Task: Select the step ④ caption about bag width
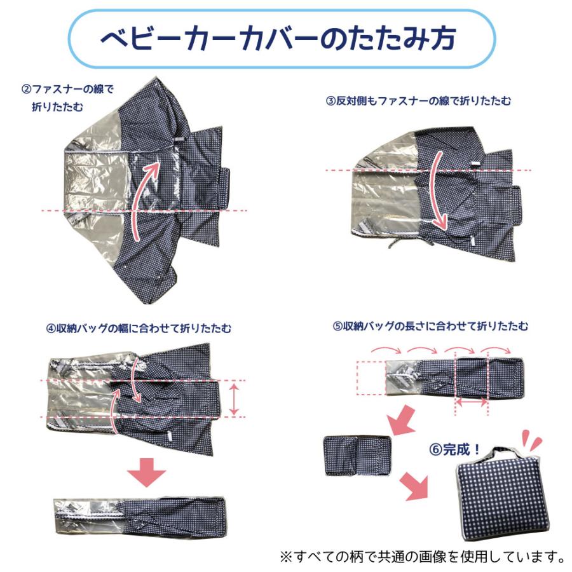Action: click(x=139, y=329)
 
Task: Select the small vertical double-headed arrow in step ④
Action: click(x=235, y=398)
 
